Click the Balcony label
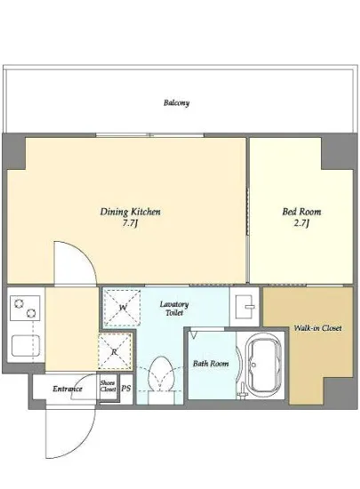point(176,102)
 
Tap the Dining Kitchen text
point(131,212)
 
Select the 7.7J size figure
point(130,223)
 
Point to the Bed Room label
point(301,212)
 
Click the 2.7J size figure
point(300,223)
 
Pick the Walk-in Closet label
point(317,328)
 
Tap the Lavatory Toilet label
point(174,309)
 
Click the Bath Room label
point(211,364)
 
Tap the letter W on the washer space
point(123,308)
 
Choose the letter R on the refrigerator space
point(115,352)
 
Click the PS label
point(126,389)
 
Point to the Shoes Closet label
point(108,386)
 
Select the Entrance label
point(68,389)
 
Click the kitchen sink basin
point(26,346)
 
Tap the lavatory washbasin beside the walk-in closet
point(244,307)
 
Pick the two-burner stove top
point(25,308)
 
